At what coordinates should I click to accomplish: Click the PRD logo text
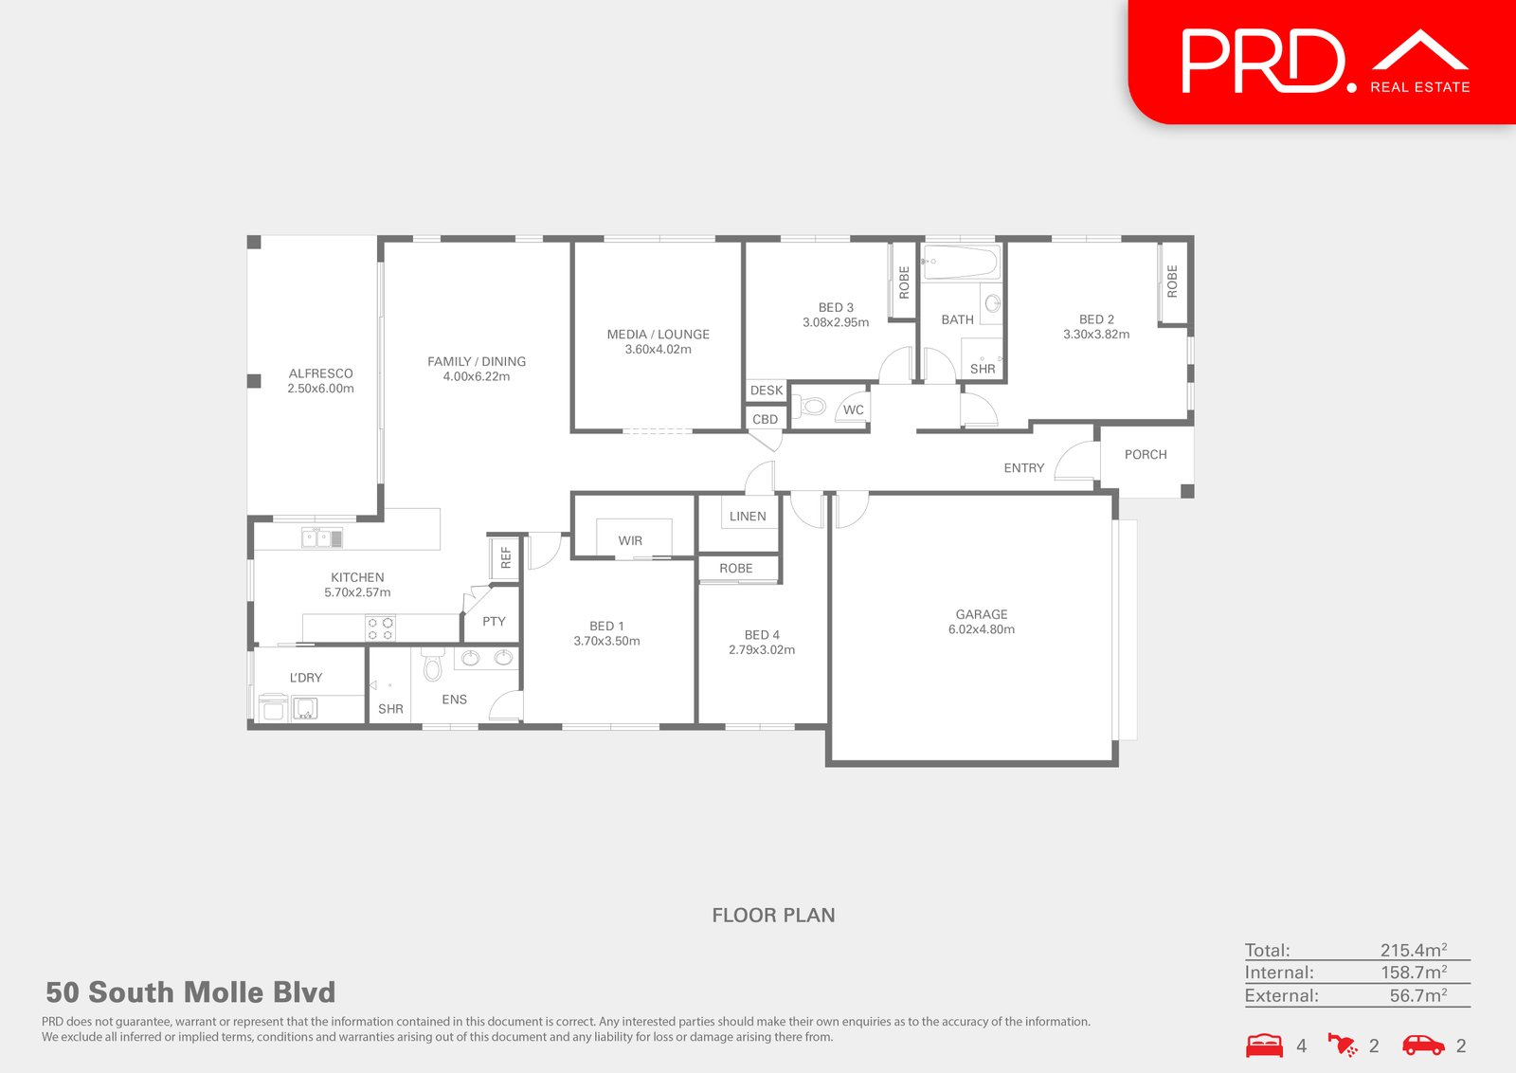[1263, 62]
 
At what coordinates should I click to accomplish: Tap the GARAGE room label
[982, 614]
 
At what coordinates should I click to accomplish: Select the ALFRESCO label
[321, 373]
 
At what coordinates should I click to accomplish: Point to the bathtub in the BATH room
[961, 262]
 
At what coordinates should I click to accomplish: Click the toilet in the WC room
[813, 408]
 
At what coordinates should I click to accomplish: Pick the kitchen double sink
[322, 538]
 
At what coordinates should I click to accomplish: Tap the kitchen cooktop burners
[380, 628]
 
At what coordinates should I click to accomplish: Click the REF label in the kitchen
[506, 557]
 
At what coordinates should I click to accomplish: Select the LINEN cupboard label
[748, 517]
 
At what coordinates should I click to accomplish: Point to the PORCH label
[1146, 455]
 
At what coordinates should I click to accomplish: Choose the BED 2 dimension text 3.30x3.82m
[1096, 335]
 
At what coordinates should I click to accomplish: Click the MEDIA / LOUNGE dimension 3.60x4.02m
[659, 350]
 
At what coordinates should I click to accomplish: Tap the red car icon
[1423, 1045]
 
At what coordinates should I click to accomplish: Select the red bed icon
[1264, 1045]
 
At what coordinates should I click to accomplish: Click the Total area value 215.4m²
[1413, 950]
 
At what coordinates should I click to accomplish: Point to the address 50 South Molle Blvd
[190, 992]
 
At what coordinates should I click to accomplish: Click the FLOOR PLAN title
[773, 916]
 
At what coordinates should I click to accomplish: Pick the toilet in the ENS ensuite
[433, 665]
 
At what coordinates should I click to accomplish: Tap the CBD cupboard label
[765, 419]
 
